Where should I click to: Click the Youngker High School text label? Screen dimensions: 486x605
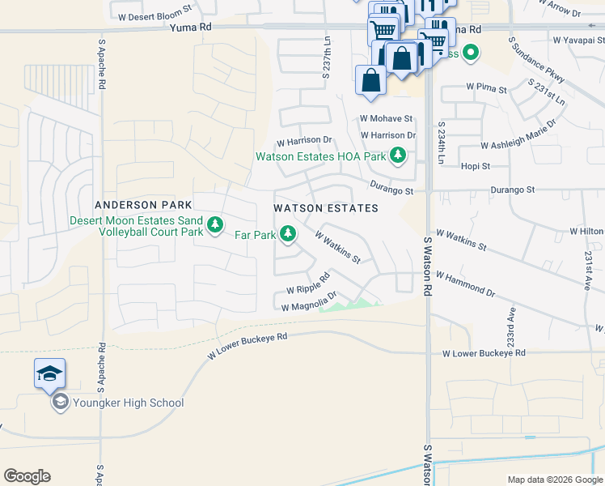pyautogui.click(x=129, y=403)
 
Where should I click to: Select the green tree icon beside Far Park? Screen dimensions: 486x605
pyautogui.click(x=287, y=235)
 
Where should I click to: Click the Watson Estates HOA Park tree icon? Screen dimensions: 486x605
pyautogui.click(x=397, y=156)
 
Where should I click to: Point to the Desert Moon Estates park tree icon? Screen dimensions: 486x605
pyautogui.click(x=214, y=225)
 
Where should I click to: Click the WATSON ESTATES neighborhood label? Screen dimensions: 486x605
pyautogui.click(x=326, y=208)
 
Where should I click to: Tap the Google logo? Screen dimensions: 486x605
pyautogui.click(x=27, y=476)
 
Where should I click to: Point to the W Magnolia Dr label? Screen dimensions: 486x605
pyautogui.click(x=308, y=302)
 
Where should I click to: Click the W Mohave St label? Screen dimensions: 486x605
pyautogui.click(x=387, y=118)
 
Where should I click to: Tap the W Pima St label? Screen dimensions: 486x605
pyautogui.click(x=486, y=87)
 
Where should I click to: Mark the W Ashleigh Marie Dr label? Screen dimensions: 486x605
pyautogui.click(x=518, y=135)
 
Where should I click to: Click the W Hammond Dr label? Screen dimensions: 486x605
pyautogui.click(x=465, y=283)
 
